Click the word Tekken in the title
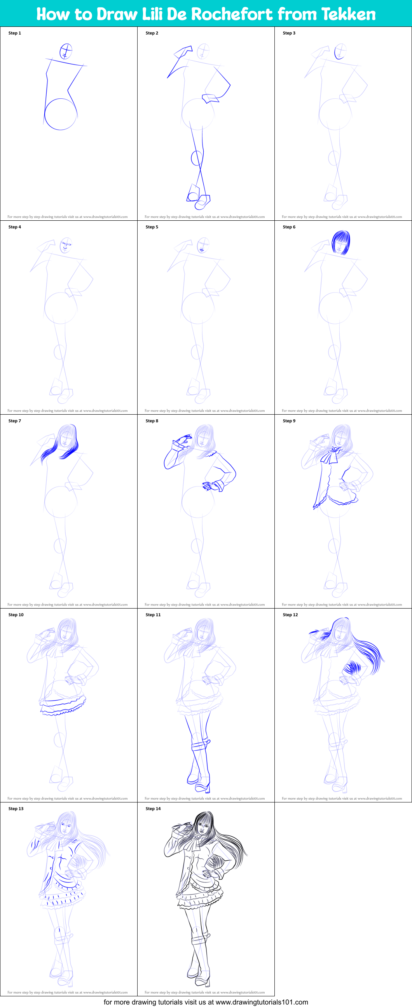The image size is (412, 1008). click(349, 14)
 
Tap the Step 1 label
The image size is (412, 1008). click(15, 33)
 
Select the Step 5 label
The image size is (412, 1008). click(152, 227)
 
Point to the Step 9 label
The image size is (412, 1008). click(289, 421)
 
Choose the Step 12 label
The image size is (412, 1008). click(290, 615)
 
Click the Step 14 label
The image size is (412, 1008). click(153, 808)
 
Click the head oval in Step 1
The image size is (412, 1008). click(66, 51)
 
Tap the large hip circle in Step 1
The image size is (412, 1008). click(61, 114)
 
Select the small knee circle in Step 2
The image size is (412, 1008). click(196, 158)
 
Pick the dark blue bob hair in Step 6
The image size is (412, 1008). click(341, 242)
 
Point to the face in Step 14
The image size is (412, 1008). click(202, 827)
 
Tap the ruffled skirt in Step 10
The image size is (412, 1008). click(63, 704)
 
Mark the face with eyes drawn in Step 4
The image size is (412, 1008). click(66, 245)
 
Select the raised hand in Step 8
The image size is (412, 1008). click(181, 443)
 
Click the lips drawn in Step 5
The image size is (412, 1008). click(202, 249)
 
